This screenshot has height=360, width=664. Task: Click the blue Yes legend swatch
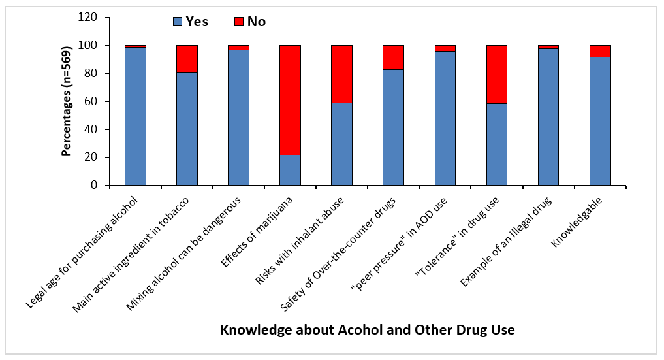coord(178,22)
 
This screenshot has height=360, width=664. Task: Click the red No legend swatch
coord(239,22)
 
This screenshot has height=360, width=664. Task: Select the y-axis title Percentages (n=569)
coord(67,101)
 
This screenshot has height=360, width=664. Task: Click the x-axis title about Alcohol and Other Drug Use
coord(368,330)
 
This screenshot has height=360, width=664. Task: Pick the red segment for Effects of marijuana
coord(290,100)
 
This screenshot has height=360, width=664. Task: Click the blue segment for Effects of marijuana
coord(290,171)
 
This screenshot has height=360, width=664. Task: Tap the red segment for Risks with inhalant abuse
coord(341,74)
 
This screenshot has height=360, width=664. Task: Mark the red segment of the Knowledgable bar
coord(599,52)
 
